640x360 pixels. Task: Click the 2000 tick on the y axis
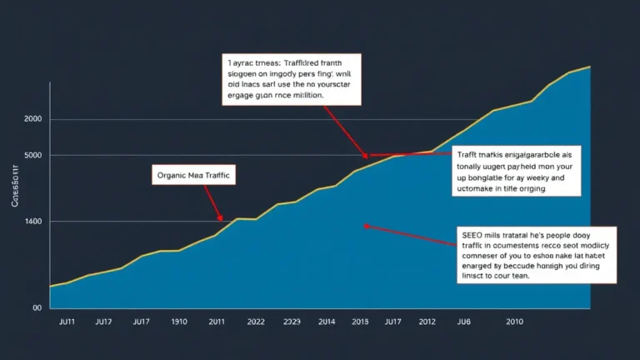coord(33,120)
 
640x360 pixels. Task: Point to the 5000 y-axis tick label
coord(33,156)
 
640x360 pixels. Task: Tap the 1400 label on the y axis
coord(33,222)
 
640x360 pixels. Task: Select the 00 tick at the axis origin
coord(37,307)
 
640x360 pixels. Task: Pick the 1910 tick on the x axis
coord(179,321)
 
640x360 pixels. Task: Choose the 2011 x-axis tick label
coord(217,321)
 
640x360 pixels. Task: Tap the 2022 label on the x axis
coord(255,321)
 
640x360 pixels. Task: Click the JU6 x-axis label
coord(464,321)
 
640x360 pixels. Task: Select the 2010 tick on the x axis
coord(513,321)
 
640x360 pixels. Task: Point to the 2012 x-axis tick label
coord(427,321)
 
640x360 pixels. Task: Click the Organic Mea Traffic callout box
coord(194,175)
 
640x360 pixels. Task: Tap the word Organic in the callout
coord(172,175)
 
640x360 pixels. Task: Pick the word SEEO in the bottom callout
coord(472,236)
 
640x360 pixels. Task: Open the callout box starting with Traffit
coord(517,171)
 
